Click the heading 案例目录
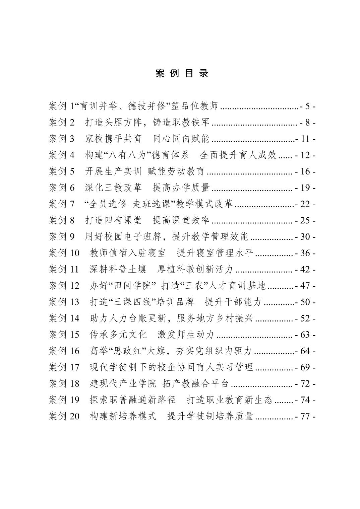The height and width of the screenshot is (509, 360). (x=182, y=74)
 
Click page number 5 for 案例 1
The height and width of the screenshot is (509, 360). (x=308, y=106)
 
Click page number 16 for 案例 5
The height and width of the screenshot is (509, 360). (x=305, y=171)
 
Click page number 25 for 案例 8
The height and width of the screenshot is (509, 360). (x=305, y=220)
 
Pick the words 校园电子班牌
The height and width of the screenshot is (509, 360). (x=133, y=236)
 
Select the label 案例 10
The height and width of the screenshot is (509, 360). (x=64, y=253)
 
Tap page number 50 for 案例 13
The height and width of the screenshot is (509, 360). (x=305, y=302)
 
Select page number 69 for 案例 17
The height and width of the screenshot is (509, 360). (x=305, y=367)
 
